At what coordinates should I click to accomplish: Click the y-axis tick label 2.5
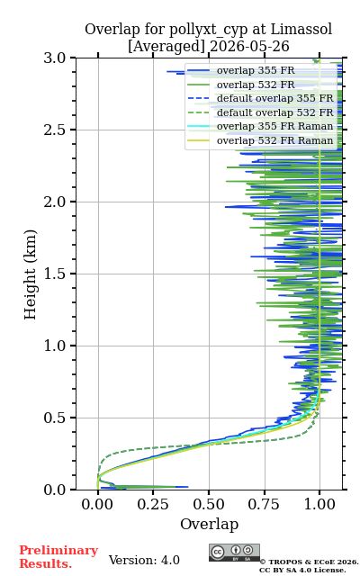(x=55, y=130)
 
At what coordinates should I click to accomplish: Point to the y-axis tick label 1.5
(x=55, y=274)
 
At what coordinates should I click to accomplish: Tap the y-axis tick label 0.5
(x=55, y=418)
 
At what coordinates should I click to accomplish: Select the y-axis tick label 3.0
(x=55, y=58)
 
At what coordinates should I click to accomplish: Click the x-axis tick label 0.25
(x=153, y=504)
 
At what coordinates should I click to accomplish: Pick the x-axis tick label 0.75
(x=265, y=504)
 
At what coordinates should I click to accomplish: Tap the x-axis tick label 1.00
(x=320, y=504)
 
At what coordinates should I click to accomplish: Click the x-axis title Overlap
(x=210, y=524)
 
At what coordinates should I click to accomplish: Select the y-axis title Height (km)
(x=30, y=274)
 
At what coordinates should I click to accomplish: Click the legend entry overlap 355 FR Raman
(x=274, y=126)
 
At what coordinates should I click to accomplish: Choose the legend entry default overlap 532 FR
(x=274, y=112)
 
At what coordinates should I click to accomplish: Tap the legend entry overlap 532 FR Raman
(x=274, y=140)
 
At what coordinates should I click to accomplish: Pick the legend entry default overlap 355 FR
(x=274, y=98)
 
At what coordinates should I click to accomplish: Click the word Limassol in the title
(x=301, y=29)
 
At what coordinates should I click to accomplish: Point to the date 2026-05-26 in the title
(x=249, y=47)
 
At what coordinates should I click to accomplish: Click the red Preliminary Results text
(x=58, y=557)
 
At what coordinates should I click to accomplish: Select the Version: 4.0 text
(x=144, y=560)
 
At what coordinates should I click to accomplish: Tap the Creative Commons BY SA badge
(x=234, y=553)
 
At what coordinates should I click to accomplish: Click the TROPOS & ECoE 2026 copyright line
(x=309, y=562)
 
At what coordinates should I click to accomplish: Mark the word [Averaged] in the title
(x=166, y=47)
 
